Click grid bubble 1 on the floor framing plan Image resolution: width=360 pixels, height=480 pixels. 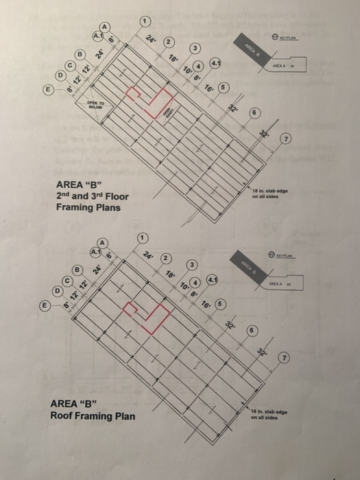coord(145,21)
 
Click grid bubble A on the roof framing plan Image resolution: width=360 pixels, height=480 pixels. coord(103,243)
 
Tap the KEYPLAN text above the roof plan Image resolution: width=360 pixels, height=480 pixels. coord(288,254)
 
